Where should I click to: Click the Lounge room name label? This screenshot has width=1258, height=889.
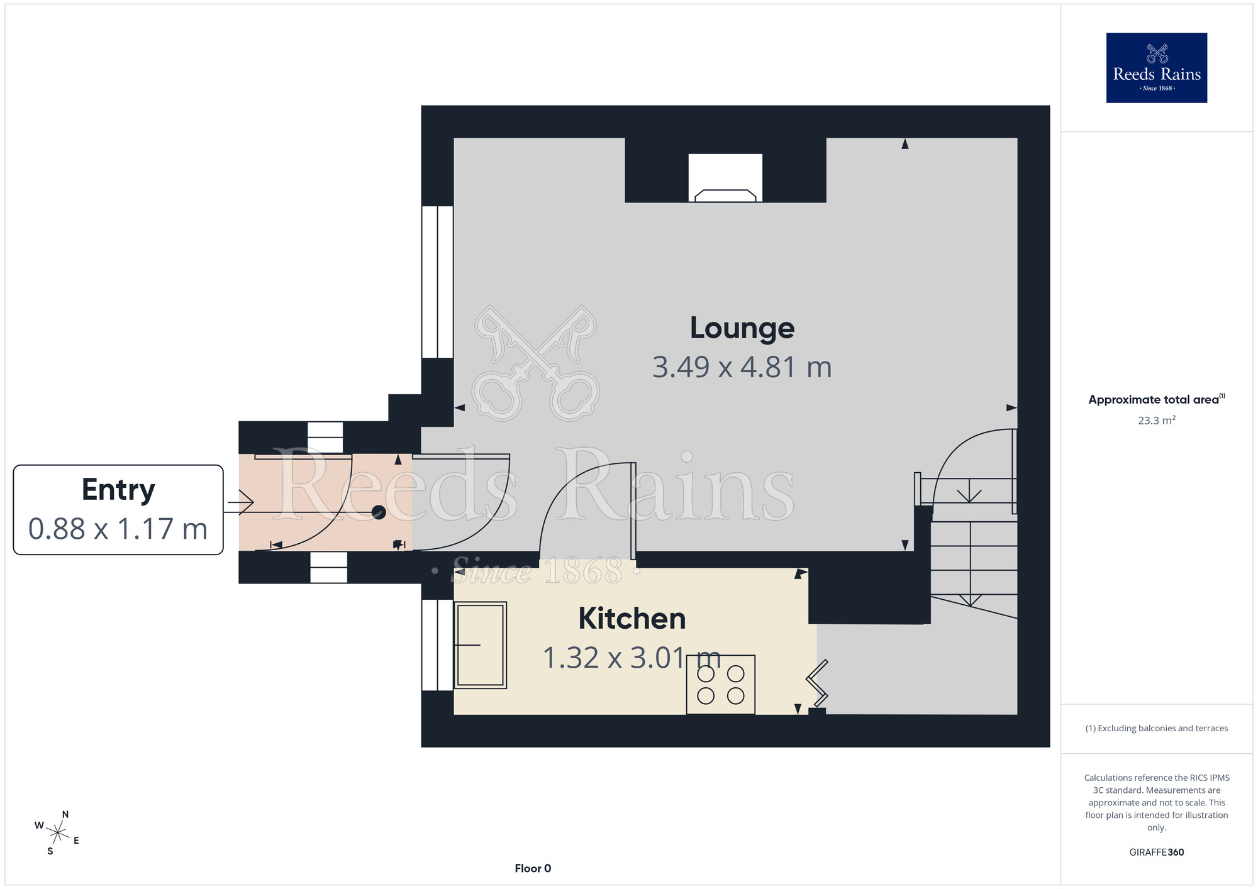click(x=742, y=328)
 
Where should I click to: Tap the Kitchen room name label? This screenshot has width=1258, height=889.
click(x=632, y=619)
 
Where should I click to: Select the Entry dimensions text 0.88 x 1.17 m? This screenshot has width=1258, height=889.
click(x=118, y=529)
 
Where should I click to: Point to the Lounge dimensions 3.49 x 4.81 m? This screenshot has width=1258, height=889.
click(x=742, y=367)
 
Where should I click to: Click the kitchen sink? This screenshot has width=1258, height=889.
click(x=481, y=645)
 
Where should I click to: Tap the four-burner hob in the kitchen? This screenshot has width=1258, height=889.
click(x=721, y=685)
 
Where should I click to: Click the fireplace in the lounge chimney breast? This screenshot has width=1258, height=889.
click(x=725, y=178)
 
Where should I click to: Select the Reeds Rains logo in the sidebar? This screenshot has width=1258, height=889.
click(x=1157, y=68)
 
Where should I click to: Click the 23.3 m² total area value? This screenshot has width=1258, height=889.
click(x=1157, y=420)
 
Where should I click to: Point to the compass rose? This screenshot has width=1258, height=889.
click(x=57, y=833)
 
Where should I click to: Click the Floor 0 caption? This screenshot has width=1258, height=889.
click(x=533, y=868)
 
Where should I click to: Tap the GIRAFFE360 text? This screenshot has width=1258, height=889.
click(x=1157, y=853)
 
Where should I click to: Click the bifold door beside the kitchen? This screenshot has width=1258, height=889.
click(x=817, y=683)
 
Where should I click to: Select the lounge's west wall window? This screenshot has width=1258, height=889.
click(x=437, y=282)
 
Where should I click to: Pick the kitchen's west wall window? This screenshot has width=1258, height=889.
click(x=437, y=645)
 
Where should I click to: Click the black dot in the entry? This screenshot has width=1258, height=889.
click(x=379, y=512)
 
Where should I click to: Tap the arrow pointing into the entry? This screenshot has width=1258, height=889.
click(x=240, y=503)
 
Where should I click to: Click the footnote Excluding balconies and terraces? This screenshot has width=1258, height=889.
click(x=1157, y=728)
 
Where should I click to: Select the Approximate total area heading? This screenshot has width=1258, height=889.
click(x=1157, y=399)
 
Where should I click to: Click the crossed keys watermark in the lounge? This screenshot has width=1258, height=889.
click(x=536, y=363)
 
